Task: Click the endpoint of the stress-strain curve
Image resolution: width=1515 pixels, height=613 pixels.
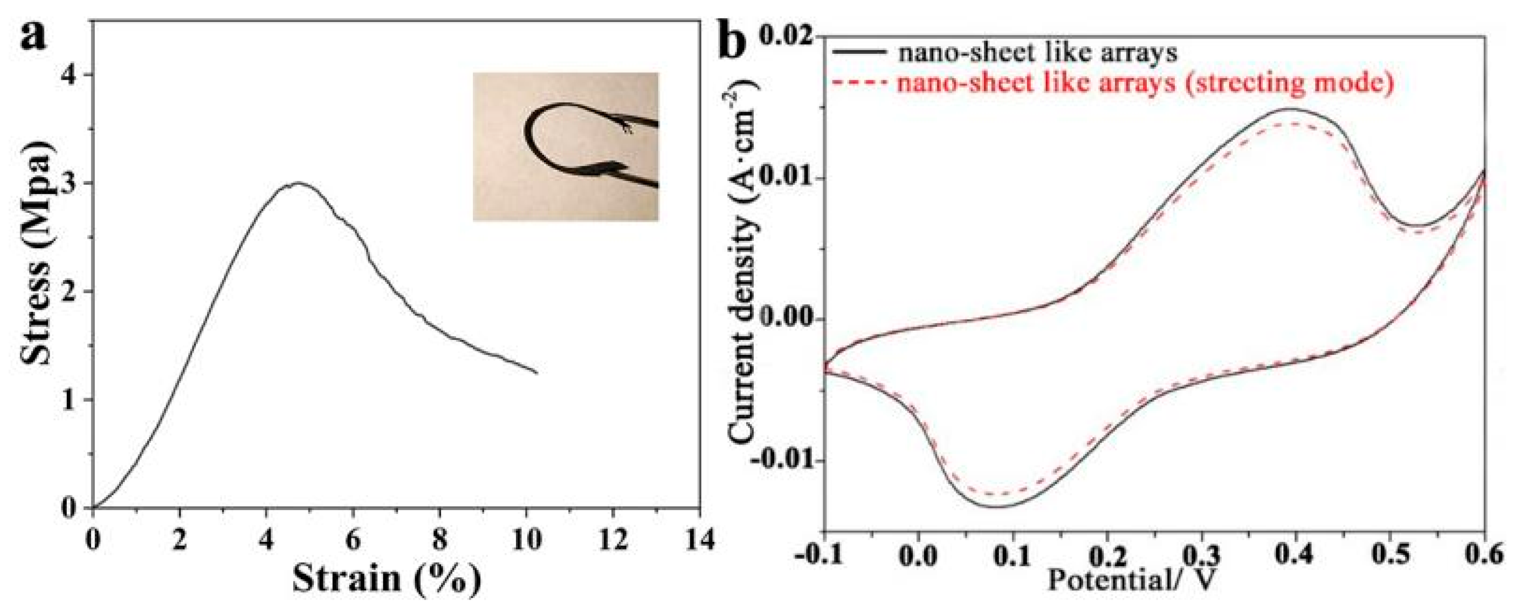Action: [x=536, y=373]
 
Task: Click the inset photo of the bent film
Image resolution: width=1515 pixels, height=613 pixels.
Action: [x=566, y=147]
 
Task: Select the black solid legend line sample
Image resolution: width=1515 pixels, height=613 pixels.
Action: [x=859, y=52]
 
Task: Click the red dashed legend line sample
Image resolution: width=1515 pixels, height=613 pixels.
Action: [x=859, y=83]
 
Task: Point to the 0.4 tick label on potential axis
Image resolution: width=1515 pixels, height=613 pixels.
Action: [x=1294, y=556]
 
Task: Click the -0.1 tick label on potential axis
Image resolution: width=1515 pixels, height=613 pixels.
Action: [x=818, y=556]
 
